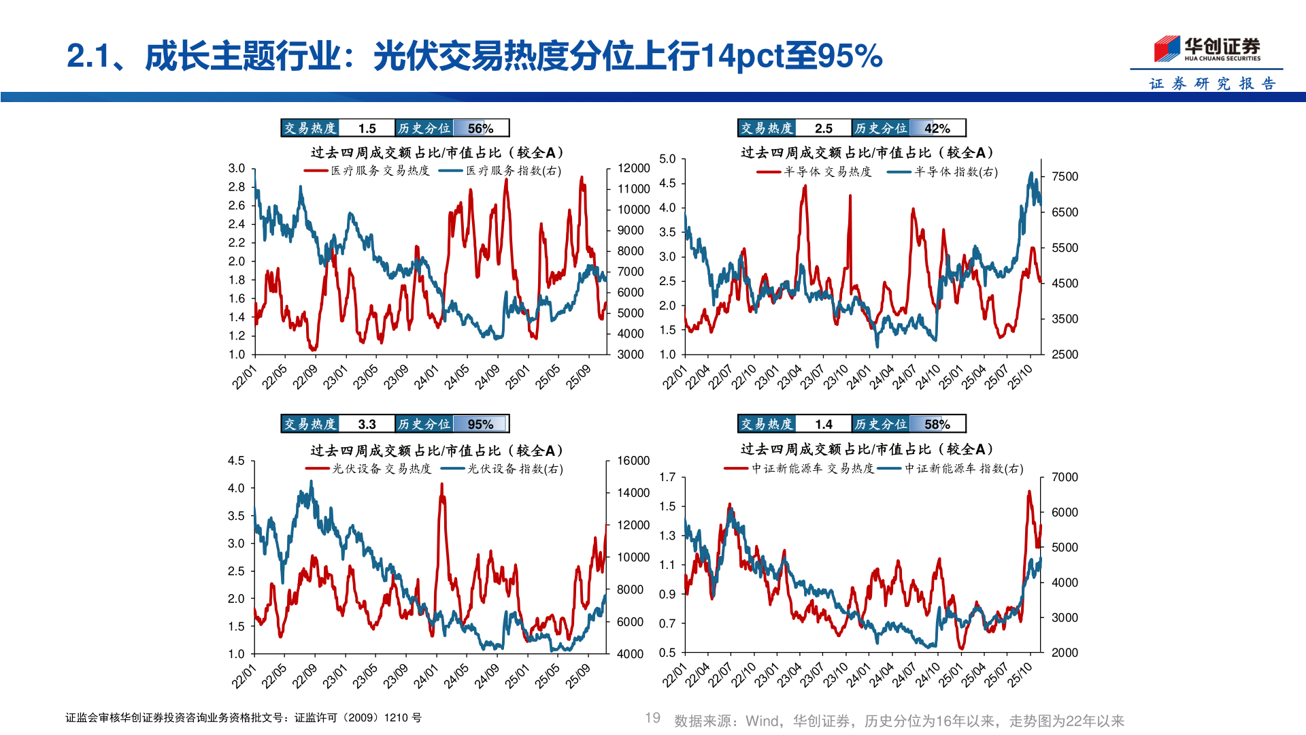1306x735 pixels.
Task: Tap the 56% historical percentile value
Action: pyautogui.click(x=480, y=129)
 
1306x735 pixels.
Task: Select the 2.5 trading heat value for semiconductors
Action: pyautogui.click(x=823, y=129)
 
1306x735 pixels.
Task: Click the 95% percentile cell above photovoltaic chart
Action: pyautogui.click(x=480, y=425)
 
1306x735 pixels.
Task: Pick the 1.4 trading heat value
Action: pyautogui.click(x=823, y=425)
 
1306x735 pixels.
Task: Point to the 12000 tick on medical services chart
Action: pyautogui.click(x=633, y=168)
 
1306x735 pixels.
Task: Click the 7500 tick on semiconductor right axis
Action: pyautogui.click(x=1065, y=177)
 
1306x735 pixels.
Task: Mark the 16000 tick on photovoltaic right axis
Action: pyautogui.click(x=633, y=461)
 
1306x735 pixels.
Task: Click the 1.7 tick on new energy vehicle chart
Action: pyautogui.click(x=667, y=477)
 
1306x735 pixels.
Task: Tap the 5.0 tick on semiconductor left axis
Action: pyautogui.click(x=667, y=159)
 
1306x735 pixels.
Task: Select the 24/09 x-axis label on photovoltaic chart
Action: pyautogui.click(x=487, y=675)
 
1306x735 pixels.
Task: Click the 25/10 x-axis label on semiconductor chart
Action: pyautogui.click(x=1020, y=376)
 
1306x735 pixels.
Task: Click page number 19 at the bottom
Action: pyautogui.click(x=652, y=718)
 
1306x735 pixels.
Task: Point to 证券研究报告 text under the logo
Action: pyautogui.click(x=1212, y=84)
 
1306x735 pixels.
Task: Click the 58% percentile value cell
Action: pyautogui.click(x=937, y=425)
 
